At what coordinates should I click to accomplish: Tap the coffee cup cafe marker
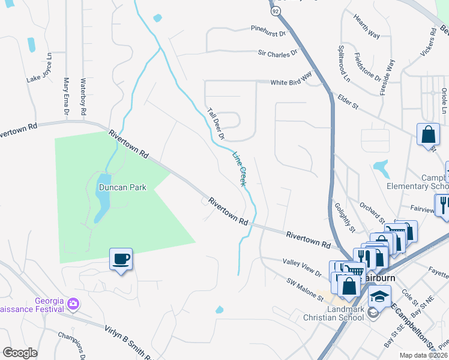point(121,259)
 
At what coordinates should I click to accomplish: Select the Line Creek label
point(240,168)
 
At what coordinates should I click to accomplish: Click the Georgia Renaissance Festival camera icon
point(74,304)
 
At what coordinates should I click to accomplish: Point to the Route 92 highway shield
point(275,11)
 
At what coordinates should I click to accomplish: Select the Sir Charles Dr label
point(278,53)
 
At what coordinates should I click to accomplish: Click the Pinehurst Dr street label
point(269,28)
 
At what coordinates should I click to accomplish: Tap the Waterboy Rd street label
point(83,97)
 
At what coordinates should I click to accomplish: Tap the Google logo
point(20,353)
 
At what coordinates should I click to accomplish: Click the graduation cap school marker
point(379,296)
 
